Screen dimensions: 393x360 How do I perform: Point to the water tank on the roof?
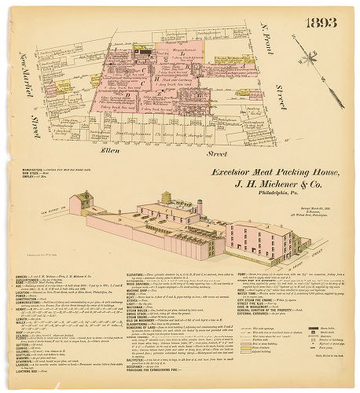(x=166, y=197)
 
